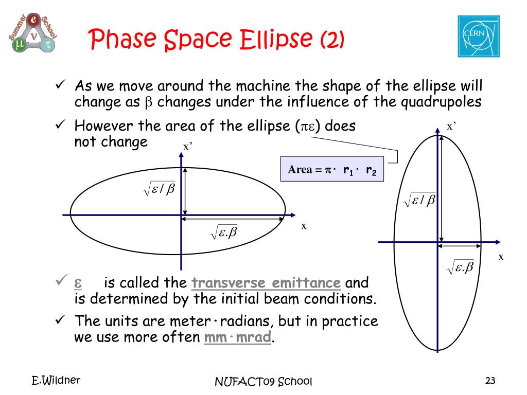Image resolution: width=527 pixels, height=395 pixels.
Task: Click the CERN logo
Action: [x=479, y=37]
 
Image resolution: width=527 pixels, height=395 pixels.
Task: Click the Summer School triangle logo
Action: [x=33, y=33]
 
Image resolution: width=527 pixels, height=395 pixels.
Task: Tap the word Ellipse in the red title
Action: [x=276, y=38]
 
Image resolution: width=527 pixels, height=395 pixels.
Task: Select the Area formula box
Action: [x=332, y=169]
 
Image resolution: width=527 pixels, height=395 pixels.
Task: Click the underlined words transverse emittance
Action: [x=266, y=282]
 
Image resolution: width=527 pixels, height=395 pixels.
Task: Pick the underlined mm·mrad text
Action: [x=238, y=336]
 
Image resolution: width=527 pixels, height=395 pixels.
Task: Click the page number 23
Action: [x=490, y=381]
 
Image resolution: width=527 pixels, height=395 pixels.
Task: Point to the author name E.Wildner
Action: [x=56, y=380]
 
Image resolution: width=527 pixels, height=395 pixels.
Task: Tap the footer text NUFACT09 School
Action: [x=263, y=382]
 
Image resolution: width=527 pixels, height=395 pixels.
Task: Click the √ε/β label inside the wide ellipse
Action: [x=160, y=189]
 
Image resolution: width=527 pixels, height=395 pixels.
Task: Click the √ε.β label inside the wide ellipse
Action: [x=223, y=232]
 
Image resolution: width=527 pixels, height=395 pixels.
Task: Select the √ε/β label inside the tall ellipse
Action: [x=419, y=200]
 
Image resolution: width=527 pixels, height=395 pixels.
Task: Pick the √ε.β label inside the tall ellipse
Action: [x=460, y=267]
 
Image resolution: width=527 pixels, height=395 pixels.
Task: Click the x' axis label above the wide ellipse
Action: [x=187, y=147]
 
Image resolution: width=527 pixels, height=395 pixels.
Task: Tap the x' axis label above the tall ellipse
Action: [x=451, y=127]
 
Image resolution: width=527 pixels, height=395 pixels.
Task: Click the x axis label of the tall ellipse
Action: [x=501, y=257]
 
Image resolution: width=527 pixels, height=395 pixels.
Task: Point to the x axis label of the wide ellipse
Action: [x=304, y=226]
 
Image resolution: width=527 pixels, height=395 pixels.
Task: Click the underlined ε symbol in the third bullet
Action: [x=78, y=283]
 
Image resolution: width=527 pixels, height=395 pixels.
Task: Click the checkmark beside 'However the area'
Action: [x=61, y=124]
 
